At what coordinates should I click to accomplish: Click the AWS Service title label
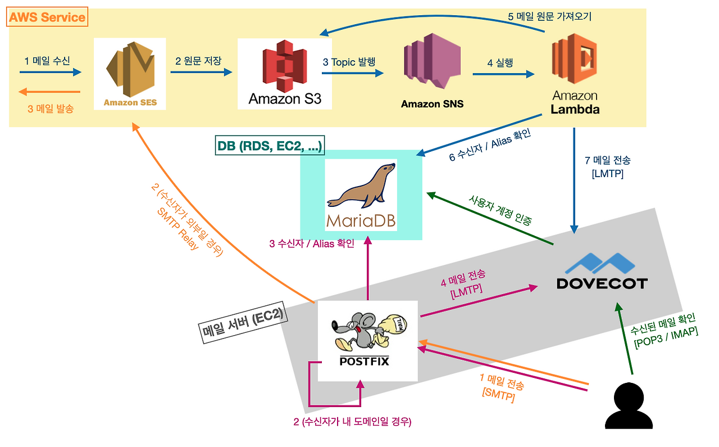tap(48, 17)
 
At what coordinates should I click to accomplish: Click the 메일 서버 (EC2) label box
tap(243, 326)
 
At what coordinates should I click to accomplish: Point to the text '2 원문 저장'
tap(198, 61)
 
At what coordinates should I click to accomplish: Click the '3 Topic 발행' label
tap(349, 62)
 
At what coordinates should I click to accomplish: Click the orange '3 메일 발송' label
tap(51, 109)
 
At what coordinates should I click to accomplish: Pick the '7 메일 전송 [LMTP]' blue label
tap(604, 167)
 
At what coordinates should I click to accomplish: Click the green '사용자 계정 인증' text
tap(500, 210)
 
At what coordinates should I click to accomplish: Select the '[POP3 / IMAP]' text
tap(666, 337)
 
